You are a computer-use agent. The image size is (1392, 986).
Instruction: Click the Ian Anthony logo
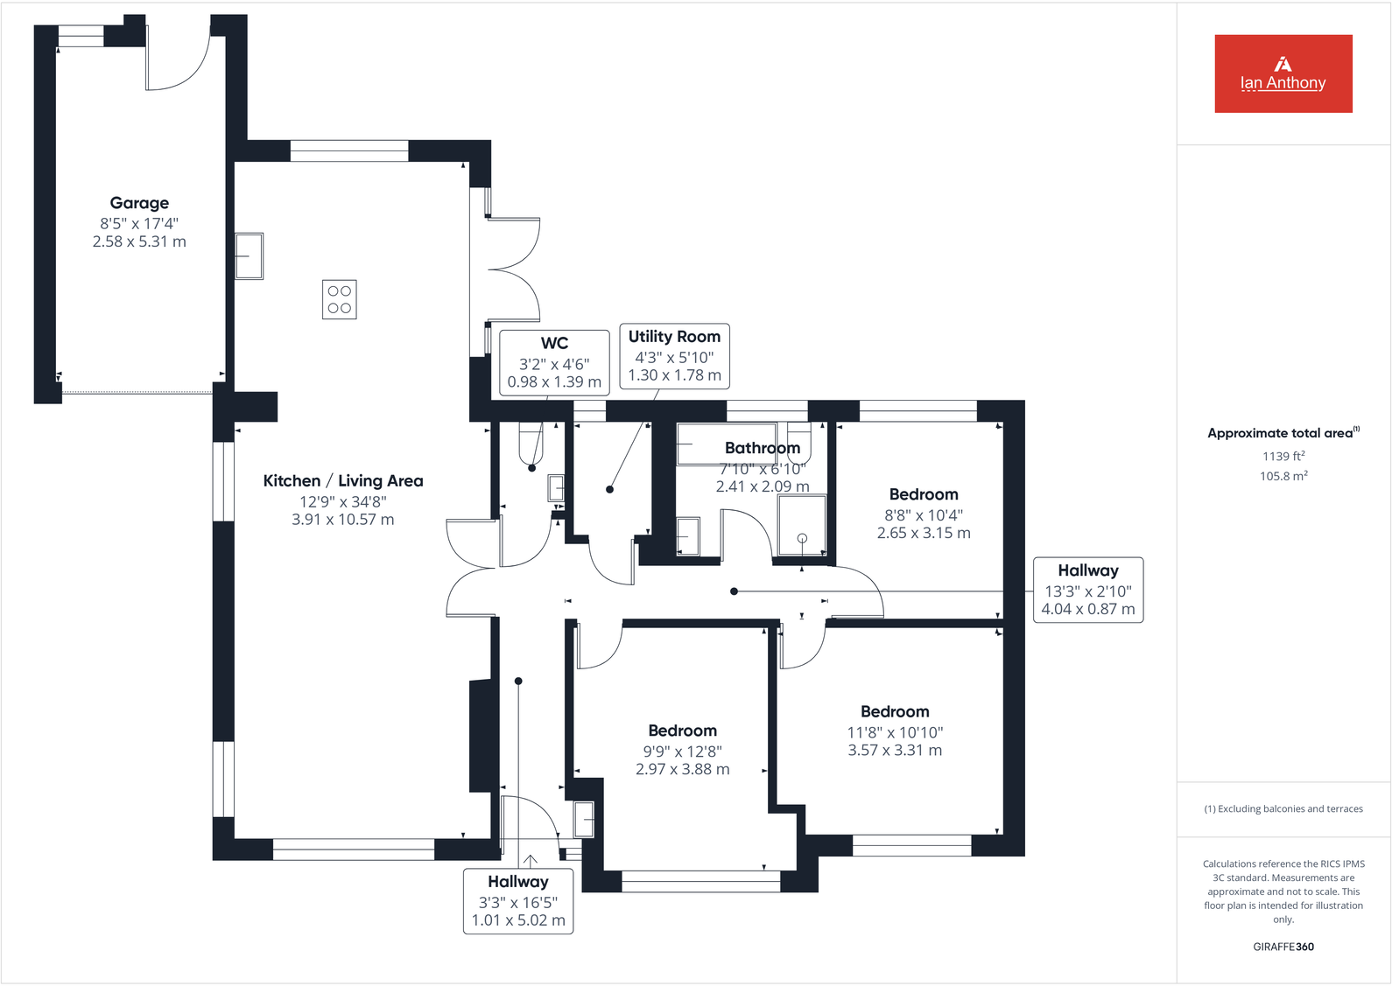click(1283, 73)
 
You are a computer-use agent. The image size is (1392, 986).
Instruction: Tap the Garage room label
click(139, 203)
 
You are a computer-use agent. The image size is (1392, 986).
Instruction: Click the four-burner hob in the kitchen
click(339, 299)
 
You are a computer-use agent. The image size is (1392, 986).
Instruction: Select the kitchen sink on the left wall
click(250, 255)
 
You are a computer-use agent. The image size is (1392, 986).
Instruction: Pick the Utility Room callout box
click(674, 355)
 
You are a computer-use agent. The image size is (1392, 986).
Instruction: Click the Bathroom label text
click(762, 448)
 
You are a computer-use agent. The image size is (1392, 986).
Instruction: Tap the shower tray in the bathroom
click(802, 525)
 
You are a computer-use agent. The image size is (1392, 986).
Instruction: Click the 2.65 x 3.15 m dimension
click(924, 533)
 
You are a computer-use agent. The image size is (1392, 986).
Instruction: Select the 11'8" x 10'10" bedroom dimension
click(895, 732)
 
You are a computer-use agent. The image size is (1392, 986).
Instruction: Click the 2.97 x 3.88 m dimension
click(682, 769)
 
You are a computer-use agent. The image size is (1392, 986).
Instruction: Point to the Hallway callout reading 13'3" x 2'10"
click(1088, 590)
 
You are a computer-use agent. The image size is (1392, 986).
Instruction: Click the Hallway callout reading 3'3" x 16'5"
click(518, 901)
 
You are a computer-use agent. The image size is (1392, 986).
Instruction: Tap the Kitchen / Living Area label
click(343, 480)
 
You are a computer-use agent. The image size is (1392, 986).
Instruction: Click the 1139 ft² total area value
click(1283, 456)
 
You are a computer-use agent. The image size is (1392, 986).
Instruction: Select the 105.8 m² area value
click(1283, 476)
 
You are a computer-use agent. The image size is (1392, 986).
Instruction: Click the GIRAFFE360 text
click(1283, 947)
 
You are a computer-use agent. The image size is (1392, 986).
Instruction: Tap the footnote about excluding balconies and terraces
click(1283, 808)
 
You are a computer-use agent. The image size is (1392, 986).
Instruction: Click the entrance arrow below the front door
click(530, 861)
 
